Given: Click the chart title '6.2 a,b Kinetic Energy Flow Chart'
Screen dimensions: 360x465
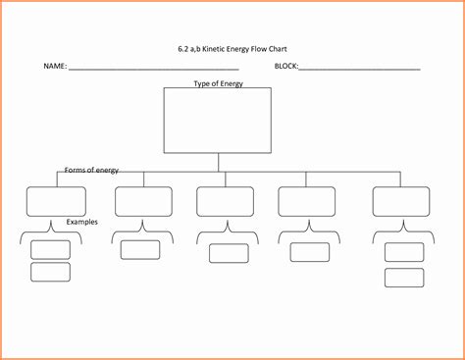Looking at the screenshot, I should pos(232,46).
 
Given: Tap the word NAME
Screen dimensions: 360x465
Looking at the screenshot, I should pos(54,67).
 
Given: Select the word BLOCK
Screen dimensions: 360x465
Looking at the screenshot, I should pos(286,67).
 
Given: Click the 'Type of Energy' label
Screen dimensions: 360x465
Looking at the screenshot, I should pos(218,84).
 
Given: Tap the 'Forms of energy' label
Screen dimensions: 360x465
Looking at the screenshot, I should pos(91,170).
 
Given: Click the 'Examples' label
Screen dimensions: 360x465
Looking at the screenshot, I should pos(82,222).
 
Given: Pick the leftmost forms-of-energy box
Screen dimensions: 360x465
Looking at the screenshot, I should pos(55,200).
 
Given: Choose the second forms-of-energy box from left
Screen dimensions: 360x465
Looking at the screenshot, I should pos(143,200).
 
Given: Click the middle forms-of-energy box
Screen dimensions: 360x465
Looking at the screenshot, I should pos(225,200).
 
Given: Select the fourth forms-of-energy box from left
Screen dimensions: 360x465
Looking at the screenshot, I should pos(306,200).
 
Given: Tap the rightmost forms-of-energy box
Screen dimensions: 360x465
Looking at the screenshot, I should pos(400,200).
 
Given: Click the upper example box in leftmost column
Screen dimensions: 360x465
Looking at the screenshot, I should pos(50,249).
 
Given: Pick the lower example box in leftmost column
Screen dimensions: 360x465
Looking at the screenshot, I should pos(50,272).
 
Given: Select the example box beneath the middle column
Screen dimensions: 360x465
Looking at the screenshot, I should pos(228,253).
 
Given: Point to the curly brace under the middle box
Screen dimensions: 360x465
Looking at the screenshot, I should pos(226,233).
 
